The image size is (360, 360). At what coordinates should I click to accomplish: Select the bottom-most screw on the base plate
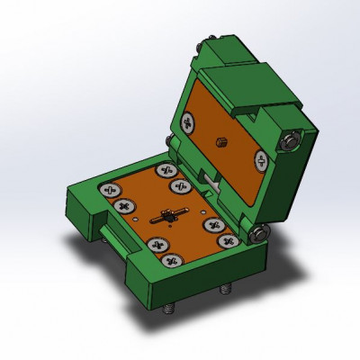point(172,262)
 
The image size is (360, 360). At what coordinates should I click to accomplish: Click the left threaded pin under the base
point(168,309)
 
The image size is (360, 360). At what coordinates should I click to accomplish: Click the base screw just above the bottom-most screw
point(159,243)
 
